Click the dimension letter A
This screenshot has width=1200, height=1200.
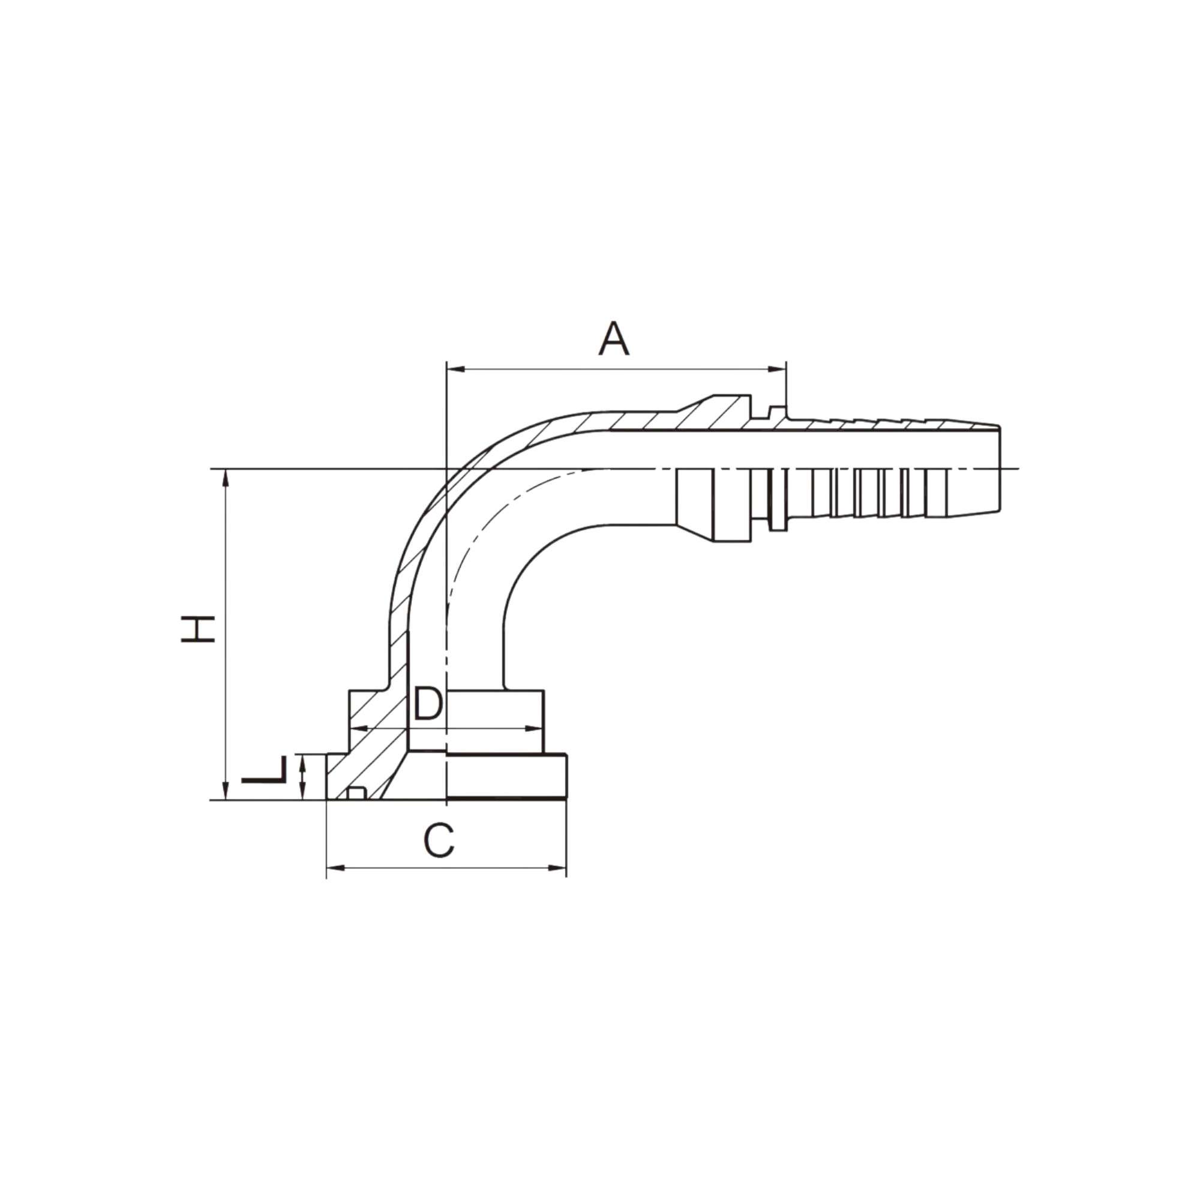click(614, 339)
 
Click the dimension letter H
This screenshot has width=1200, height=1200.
click(197, 629)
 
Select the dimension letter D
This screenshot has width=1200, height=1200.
click(428, 704)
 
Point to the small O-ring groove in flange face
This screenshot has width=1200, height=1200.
click(355, 793)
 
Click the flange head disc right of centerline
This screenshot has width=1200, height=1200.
click(506, 776)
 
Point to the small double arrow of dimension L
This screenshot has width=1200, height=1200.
click(302, 776)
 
